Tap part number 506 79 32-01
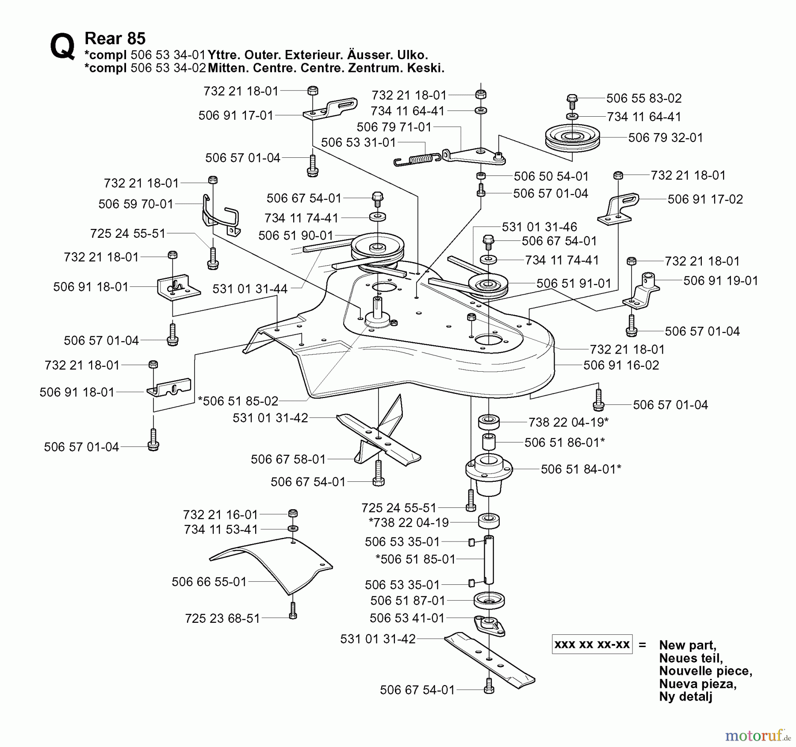click(665, 138)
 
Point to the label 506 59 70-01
click(136, 204)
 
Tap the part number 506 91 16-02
click(621, 366)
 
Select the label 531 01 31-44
click(250, 289)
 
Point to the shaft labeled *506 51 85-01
click(489, 560)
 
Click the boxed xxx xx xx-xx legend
click(592, 644)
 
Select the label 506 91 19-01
click(720, 281)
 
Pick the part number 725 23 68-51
click(222, 618)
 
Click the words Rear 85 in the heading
click(115, 38)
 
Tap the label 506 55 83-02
click(643, 98)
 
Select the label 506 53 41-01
click(407, 618)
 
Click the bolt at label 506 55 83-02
click(571, 101)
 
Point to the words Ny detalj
click(685, 697)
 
